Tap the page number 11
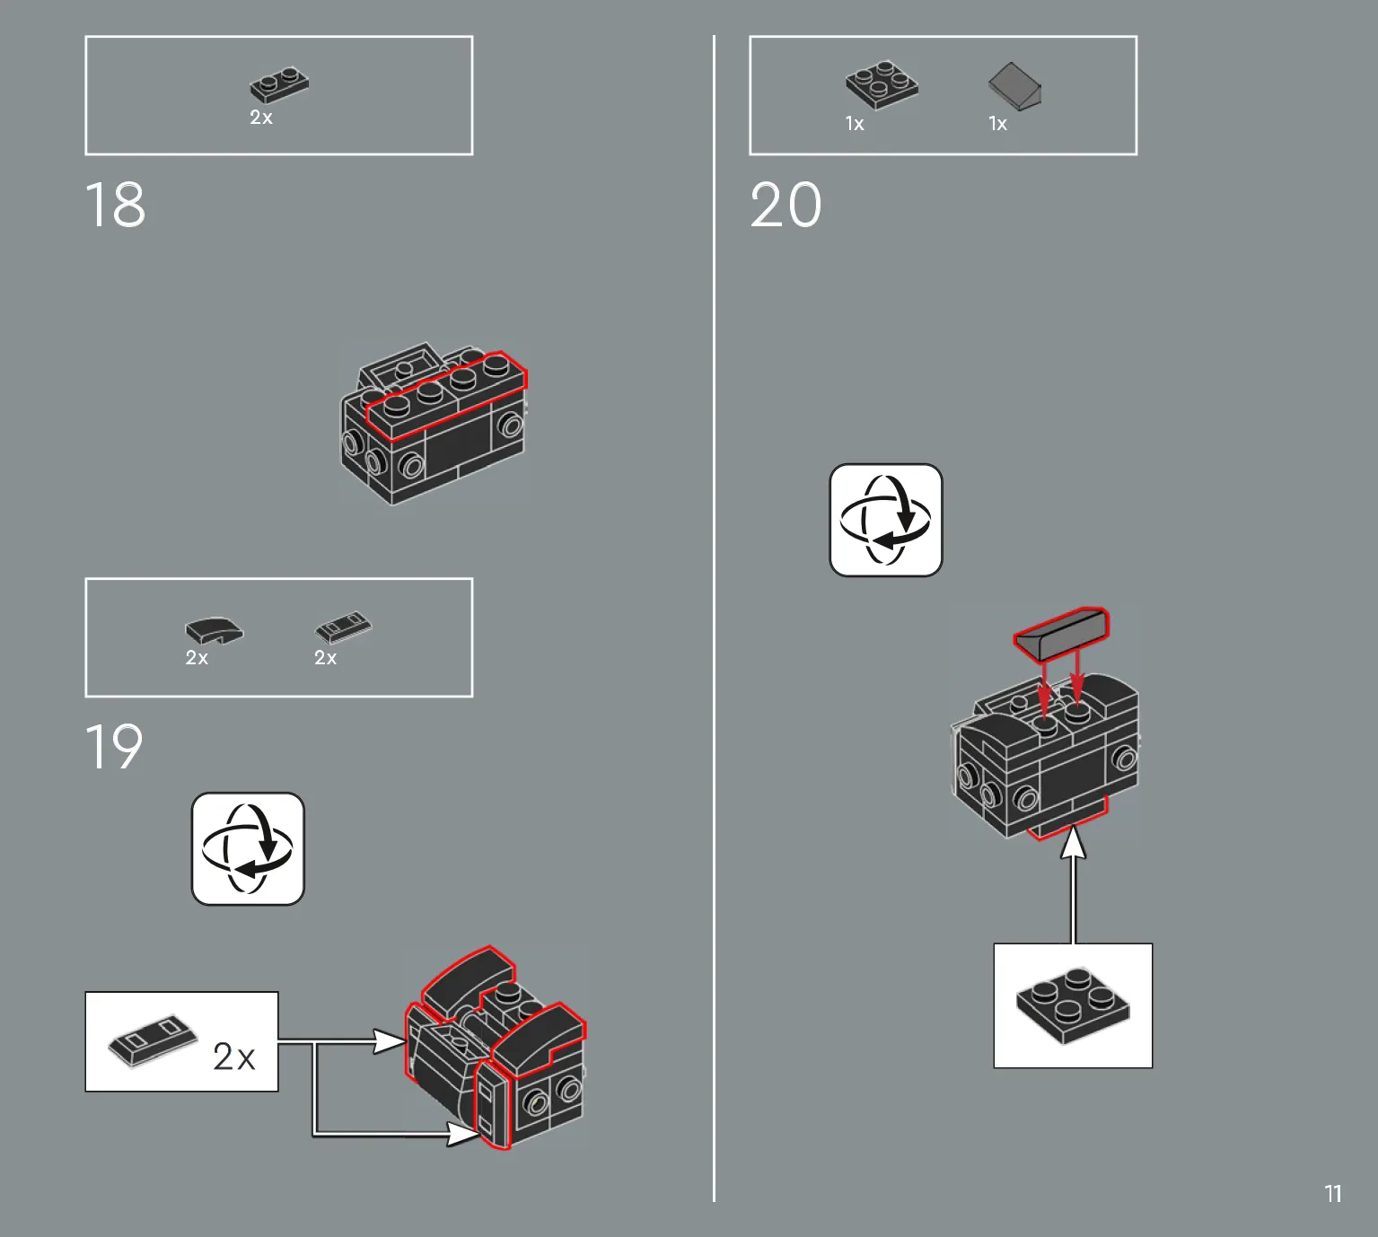(x=1332, y=1194)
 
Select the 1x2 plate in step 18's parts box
(x=279, y=85)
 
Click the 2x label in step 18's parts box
(x=261, y=118)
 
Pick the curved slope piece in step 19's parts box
(x=215, y=630)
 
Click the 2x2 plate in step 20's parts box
(x=882, y=84)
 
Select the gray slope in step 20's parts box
(x=1014, y=86)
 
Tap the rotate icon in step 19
(x=249, y=848)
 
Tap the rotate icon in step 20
(x=886, y=521)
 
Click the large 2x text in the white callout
(x=234, y=1057)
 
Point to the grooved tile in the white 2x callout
(x=153, y=1041)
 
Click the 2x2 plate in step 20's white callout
(x=1074, y=1005)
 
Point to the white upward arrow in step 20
(x=1074, y=884)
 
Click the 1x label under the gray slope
(x=997, y=124)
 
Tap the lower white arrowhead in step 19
(x=462, y=1134)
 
